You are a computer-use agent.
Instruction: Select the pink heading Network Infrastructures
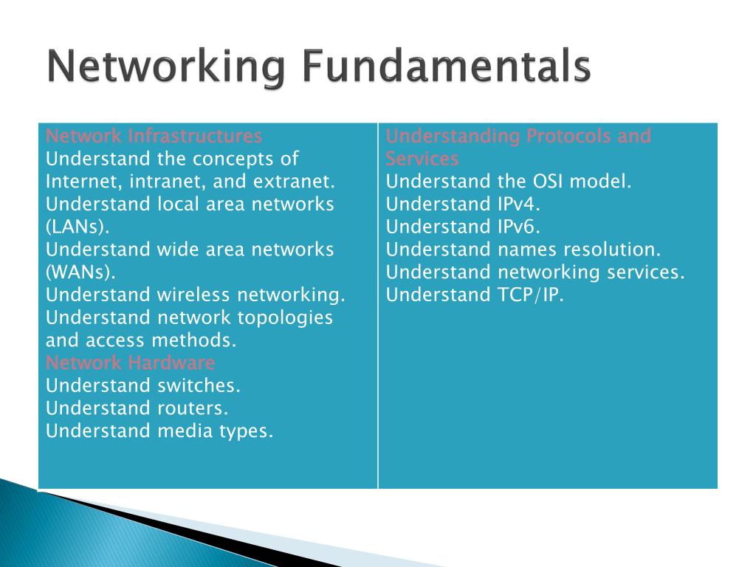point(154,137)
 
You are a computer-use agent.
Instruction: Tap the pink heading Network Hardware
point(130,363)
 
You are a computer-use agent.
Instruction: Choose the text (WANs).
point(80,272)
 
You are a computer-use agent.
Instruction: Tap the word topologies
point(286,318)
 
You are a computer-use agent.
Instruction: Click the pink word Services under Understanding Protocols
point(422,159)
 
